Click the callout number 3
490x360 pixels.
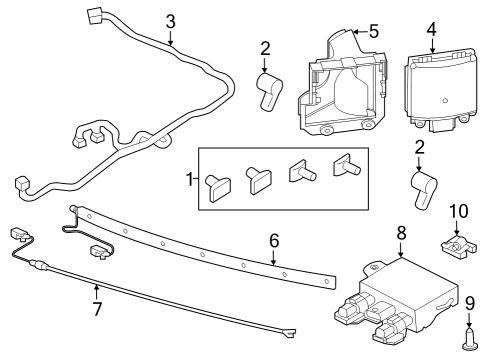pyautogui.click(x=170, y=20)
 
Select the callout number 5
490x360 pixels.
pyautogui.click(x=373, y=31)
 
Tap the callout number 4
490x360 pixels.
pyautogui.click(x=431, y=28)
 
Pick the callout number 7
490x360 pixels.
pyautogui.click(x=97, y=309)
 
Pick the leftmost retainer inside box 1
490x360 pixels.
pyautogui.click(x=217, y=183)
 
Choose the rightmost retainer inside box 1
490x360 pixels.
pyautogui.click(x=347, y=165)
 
